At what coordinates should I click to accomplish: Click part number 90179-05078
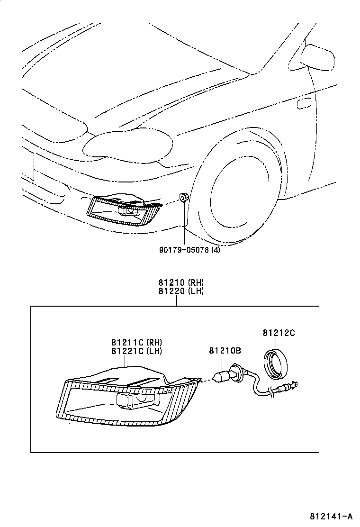click(184, 250)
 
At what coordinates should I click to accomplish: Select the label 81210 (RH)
click(181, 282)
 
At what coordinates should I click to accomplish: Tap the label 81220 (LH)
click(181, 291)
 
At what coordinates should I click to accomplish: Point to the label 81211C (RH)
click(137, 343)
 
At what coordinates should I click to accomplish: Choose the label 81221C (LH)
click(137, 351)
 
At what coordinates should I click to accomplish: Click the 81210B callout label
click(225, 351)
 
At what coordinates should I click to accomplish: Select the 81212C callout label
click(279, 333)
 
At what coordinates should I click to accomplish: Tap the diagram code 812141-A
click(331, 516)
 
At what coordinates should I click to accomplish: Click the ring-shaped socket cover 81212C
click(276, 363)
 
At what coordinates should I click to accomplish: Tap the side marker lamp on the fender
click(304, 103)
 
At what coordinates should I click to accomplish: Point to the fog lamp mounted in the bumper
click(124, 210)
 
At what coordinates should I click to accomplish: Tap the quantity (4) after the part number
click(216, 250)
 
